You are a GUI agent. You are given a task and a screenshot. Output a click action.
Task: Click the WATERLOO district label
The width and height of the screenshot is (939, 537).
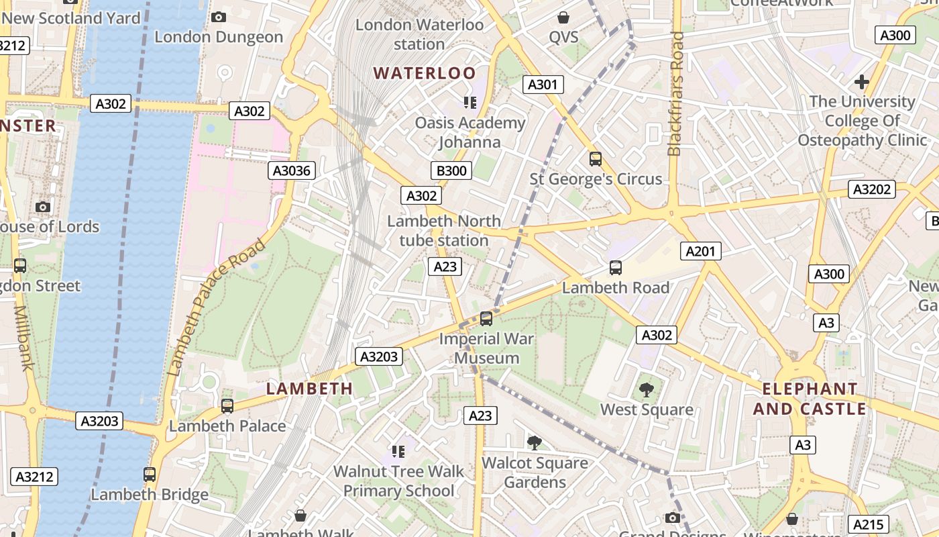click(425, 73)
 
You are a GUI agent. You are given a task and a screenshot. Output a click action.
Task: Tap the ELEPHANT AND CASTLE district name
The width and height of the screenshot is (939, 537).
click(810, 399)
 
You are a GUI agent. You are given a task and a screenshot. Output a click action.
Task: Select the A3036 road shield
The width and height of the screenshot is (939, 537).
click(292, 170)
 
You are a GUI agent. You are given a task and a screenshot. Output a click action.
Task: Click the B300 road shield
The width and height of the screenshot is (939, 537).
click(451, 170)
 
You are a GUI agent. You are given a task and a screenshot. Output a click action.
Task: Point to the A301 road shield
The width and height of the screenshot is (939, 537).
click(543, 85)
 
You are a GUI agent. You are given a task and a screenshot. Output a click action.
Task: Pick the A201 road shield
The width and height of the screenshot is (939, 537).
click(701, 251)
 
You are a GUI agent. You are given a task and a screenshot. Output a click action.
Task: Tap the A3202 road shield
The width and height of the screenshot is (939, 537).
click(871, 189)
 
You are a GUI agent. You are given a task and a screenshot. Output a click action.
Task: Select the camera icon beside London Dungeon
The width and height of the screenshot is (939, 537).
click(219, 17)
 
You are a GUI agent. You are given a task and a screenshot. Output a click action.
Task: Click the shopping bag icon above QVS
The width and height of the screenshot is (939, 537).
click(563, 17)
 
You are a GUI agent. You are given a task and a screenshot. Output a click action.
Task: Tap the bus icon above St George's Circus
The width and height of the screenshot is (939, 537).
click(595, 159)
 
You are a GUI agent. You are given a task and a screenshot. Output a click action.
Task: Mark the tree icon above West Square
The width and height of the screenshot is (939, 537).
click(646, 389)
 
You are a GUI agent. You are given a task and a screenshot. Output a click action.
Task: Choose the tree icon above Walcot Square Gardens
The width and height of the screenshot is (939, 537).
click(534, 442)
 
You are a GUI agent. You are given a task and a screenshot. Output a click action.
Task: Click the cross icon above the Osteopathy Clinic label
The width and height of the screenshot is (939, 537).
click(862, 82)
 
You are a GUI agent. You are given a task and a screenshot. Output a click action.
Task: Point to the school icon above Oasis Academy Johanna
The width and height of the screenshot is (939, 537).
click(469, 103)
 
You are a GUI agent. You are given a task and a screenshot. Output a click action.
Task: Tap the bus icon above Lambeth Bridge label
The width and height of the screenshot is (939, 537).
click(150, 475)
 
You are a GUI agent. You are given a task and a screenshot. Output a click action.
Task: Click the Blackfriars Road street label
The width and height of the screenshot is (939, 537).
click(675, 94)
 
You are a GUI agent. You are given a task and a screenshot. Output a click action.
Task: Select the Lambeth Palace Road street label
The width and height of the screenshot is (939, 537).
click(216, 307)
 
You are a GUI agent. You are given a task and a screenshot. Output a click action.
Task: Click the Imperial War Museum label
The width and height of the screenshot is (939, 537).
click(486, 348)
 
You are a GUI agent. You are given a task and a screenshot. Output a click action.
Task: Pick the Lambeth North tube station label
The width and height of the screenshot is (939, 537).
click(444, 230)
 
